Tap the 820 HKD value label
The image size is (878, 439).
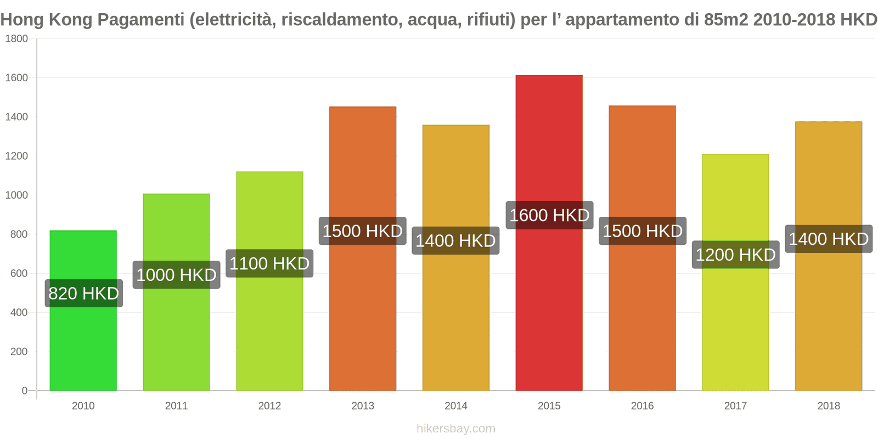83,294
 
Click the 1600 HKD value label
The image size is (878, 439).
549,215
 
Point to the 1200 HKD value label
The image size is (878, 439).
735,255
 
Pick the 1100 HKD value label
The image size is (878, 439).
269,263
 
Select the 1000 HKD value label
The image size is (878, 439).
176,275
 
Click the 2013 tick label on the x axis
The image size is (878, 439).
363,406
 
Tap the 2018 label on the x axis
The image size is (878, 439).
828,406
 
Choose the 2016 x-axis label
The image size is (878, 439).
642,406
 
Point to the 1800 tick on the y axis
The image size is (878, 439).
16,39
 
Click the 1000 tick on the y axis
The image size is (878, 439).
16,195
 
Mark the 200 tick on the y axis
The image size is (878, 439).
19,352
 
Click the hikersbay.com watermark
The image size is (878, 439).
455,429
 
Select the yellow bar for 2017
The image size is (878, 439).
735,329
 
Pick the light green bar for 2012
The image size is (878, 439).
269,329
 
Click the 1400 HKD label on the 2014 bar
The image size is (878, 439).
455,240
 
